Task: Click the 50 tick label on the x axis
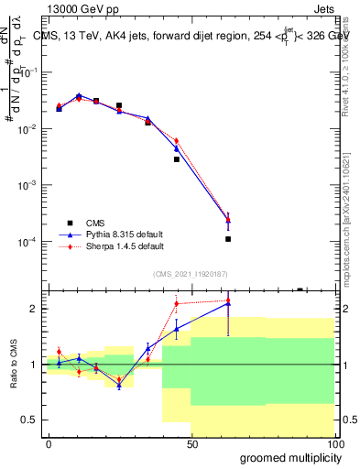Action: [x=191, y=443]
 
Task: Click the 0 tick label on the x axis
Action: [x=49, y=443]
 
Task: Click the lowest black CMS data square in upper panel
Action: [x=227, y=239]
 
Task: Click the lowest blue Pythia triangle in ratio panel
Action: [x=119, y=386]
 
